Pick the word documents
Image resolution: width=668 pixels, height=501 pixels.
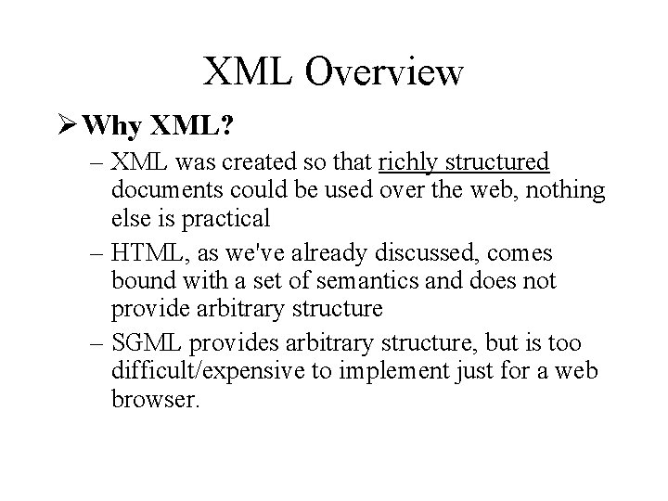point(160,191)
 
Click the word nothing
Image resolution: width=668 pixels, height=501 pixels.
point(565,191)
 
